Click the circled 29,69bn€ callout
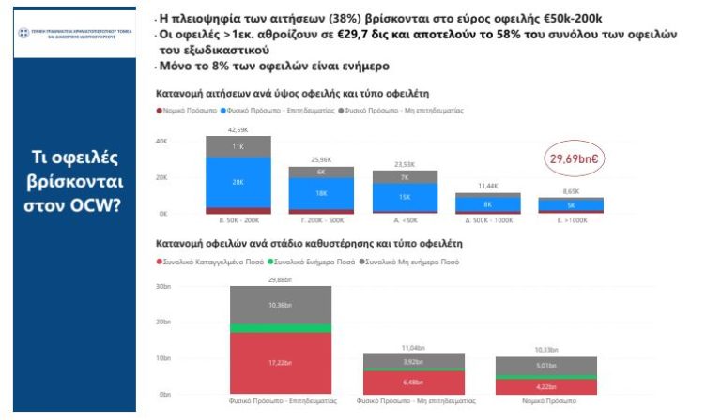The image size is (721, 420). tap(574, 158)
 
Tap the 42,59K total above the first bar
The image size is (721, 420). tap(238, 129)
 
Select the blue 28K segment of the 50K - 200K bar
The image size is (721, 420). tap(238, 182)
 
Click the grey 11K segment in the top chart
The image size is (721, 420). tap(238, 146)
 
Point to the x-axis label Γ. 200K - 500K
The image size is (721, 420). tap(322, 221)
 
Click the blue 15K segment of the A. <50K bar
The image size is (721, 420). tap(405, 197)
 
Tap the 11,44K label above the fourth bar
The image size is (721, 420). tap(488, 186)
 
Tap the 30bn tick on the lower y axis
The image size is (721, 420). tap(162, 286)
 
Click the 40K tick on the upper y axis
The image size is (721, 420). tap(161, 142)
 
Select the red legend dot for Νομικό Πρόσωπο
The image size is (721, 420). tap(159, 110)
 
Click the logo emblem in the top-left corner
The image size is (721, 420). tap(25, 34)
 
